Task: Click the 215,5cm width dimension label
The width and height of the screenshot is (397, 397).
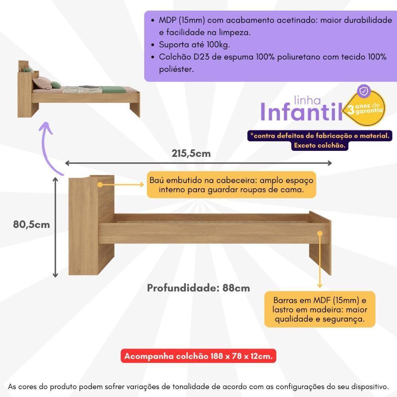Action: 191,153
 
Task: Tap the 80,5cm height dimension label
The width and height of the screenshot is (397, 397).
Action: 31,224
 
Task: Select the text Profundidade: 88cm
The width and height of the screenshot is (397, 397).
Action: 198,288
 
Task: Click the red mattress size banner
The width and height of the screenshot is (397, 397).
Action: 198,356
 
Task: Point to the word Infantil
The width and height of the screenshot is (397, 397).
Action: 301,112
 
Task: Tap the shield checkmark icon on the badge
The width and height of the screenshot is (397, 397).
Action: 363,91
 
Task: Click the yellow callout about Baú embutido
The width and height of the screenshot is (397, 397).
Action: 231,185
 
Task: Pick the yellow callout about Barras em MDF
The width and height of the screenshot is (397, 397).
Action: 320,310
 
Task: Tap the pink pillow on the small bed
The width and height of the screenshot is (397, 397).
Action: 41,83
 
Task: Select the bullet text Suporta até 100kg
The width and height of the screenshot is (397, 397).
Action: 195,44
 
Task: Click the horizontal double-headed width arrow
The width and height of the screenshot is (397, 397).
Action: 198,163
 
